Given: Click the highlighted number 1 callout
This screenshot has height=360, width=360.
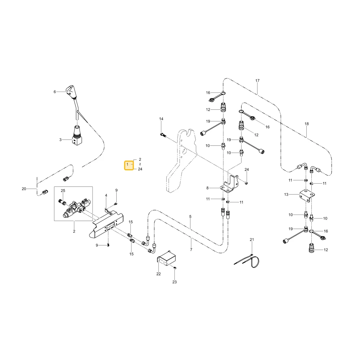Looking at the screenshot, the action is coord(129,165).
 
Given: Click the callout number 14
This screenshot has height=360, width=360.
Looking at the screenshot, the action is coord(161,119).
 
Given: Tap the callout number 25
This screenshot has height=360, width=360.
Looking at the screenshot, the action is coord(63,190).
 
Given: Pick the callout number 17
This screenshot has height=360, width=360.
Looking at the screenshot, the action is coord(257,81).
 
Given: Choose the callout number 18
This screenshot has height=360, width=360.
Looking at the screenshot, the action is coord(307,124).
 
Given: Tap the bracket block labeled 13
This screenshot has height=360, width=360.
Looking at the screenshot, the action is coord(307,195).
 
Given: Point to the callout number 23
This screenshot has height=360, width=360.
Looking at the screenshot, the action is coord(175,282).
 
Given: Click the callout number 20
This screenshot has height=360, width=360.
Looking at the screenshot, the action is coord(24,189).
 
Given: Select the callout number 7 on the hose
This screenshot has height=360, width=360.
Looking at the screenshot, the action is coord(191,249).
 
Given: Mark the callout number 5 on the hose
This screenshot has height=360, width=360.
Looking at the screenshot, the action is coord(190,216).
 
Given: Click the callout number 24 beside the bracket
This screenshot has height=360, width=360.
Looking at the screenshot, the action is coord(247,170).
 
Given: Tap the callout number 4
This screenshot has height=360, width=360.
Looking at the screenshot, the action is coord(106,195).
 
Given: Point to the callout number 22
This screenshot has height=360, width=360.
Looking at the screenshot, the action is coord(158,274).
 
